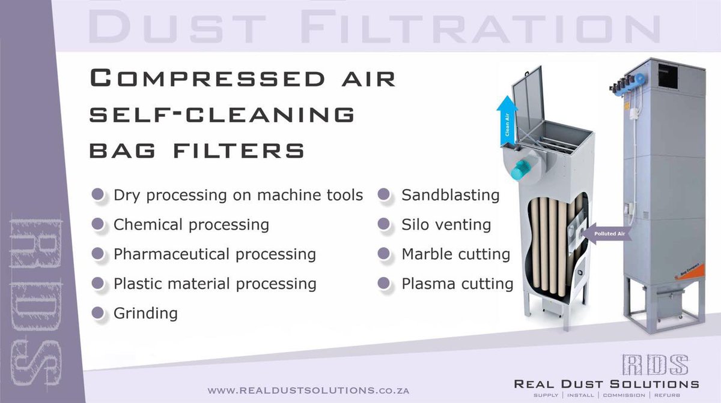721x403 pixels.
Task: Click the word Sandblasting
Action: [x=450, y=195]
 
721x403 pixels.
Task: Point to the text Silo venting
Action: [x=446, y=225]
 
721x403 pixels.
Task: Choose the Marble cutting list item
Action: [x=455, y=254]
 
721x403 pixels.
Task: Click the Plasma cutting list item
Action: [x=457, y=283]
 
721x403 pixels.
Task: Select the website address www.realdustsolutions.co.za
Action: [x=308, y=390]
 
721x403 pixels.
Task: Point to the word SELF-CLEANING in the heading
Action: [x=222, y=115]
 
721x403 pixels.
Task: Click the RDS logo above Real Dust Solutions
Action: [x=655, y=365]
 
